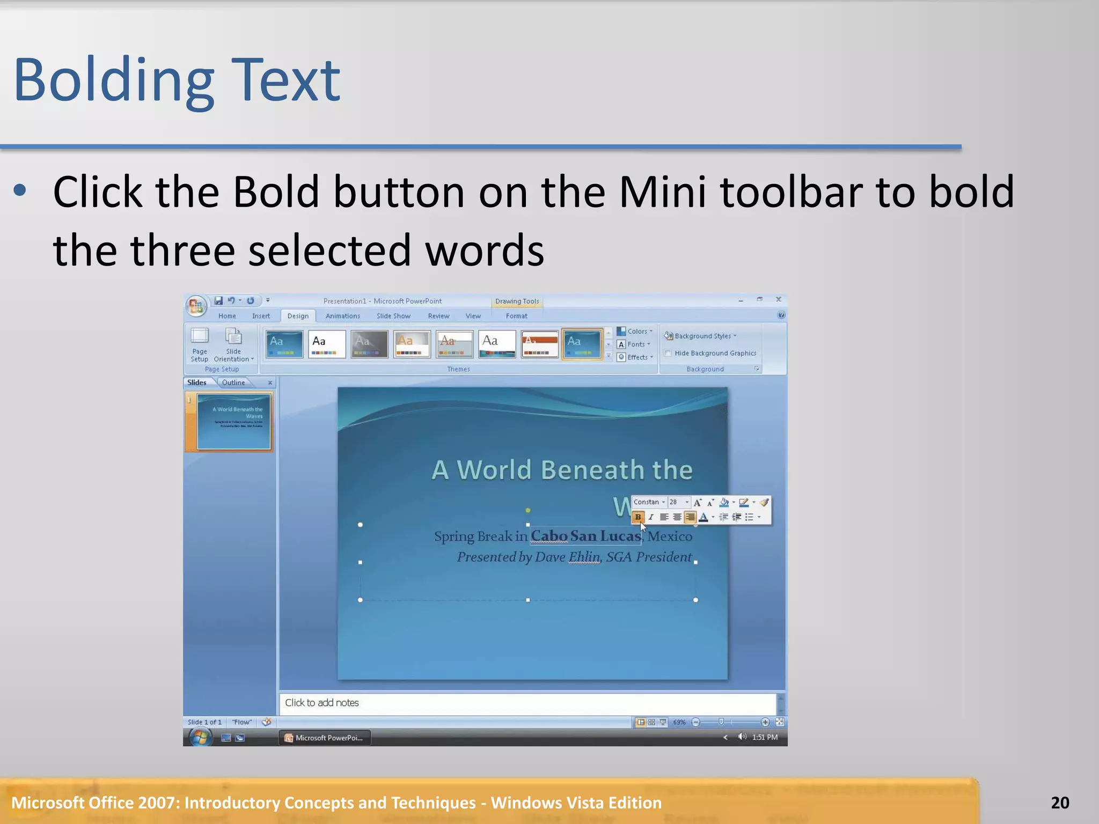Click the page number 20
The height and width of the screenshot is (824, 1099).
click(x=1060, y=803)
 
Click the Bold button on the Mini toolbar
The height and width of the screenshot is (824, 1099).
click(x=638, y=517)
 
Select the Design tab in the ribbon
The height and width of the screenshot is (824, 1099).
click(x=298, y=316)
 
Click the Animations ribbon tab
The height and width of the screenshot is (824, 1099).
click(x=342, y=316)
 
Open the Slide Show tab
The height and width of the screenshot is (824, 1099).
click(x=393, y=316)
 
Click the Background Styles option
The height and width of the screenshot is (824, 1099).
click(x=702, y=336)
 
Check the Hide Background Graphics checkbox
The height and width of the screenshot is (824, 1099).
click(x=668, y=353)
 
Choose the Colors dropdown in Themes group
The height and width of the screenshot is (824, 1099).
click(x=636, y=332)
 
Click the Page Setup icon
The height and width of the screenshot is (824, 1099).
click(x=199, y=343)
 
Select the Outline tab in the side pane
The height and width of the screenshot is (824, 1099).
click(x=233, y=382)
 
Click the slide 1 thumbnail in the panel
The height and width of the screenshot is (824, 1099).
click(x=233, y=422)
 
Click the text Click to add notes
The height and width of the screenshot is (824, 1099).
click(x=322, y=703)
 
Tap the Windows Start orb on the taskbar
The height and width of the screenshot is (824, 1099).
click(x=200, y=738)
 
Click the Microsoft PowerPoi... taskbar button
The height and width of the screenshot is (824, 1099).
click(x=324, y=738)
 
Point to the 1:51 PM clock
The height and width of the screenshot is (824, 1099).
click(x=765, y=738)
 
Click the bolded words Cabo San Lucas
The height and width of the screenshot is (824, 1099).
click(x=585, y=536)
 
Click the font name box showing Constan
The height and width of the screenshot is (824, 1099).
click(x=647, y=502)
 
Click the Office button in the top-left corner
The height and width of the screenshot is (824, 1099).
click(x=196, y=306)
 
